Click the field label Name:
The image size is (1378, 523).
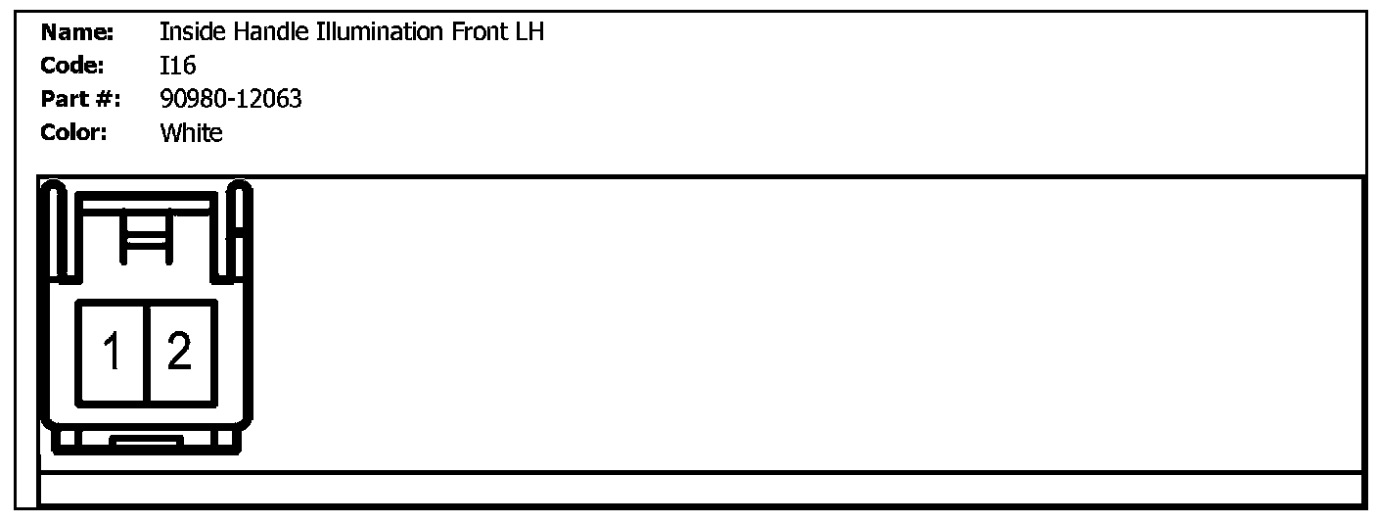pyautogui.click(x=77, y=32)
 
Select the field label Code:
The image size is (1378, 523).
pyautogui.click(x=72, y=66)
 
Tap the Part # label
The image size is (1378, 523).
pyautogui.click(x=79, y=99)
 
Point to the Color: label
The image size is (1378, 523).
pyautogui.click(x=74, y=132)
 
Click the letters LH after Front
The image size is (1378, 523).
pyautogui.click(x=529, y=32)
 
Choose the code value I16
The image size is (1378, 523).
pyautogui.click(x=178, y=66)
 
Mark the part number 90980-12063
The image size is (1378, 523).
pyautogui.click(x=231, y=99)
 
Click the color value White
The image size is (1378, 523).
pyautogui.click(x=191, y=132)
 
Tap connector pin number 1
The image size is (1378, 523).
pyautogui.click(x=114, y=352)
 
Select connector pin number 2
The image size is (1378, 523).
pyautogui.click(x=179, y=352)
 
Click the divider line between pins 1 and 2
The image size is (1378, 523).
pyautogui.click(x=147, y=352)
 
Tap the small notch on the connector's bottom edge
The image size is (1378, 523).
pyautogui.click(x=147, y=441)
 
